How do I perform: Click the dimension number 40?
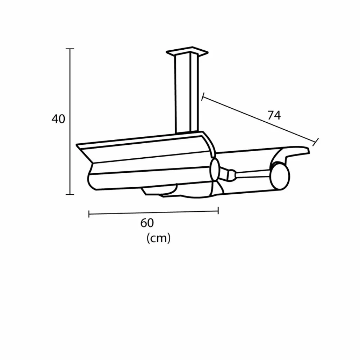(58, 119)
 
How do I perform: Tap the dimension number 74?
(274, 115)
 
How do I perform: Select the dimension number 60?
(147, 223)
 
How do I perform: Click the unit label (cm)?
(158, 238)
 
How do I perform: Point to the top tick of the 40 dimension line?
(70, 49)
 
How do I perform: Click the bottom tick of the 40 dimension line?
(70, 194)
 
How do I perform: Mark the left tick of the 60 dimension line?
(89, 214)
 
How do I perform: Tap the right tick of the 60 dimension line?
(218, 211)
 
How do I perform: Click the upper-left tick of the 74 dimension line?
(203, 96)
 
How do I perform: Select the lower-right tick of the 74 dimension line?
(315, 142)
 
